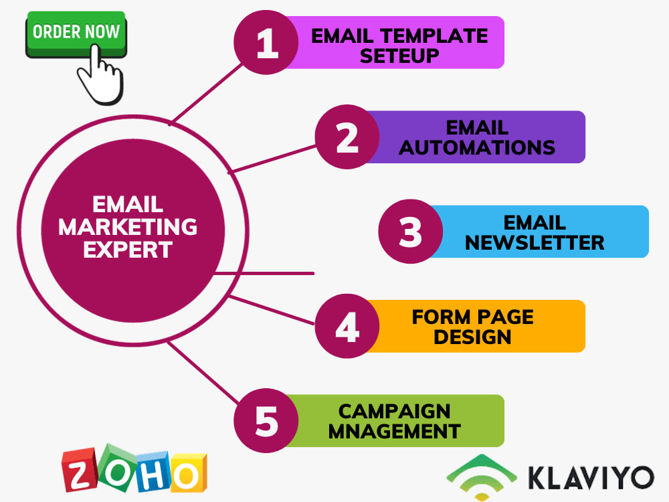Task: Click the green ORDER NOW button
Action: click(76, 33)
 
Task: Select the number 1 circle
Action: click(266, 43)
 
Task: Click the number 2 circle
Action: click(347, 137)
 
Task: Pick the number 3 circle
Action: click(411, 232)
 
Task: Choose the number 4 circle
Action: click(347, 326)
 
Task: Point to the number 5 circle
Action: click(266, 421)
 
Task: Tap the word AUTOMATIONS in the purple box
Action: click(477, 147)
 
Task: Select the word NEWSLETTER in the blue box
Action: click(535, 242)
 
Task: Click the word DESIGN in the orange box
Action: click(472, 337)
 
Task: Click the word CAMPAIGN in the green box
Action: click(394, 410)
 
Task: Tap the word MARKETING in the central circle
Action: click(128, 227)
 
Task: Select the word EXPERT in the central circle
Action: click(128, 249)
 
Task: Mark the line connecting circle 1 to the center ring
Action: click(207, 94)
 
